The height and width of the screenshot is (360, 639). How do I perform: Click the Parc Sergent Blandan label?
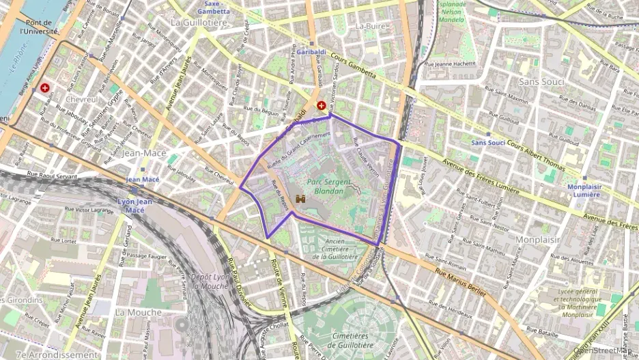coord(324,186)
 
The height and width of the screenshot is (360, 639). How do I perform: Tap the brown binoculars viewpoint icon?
coord(300,199)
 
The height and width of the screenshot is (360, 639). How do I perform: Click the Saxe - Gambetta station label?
coord(213,8)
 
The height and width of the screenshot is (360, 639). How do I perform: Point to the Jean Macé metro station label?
coord(143,179)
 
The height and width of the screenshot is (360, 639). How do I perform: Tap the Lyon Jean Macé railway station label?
coord(134,205)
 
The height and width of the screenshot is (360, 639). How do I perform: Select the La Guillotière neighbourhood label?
coord(199,23)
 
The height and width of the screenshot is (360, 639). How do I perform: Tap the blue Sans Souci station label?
coord(487,143)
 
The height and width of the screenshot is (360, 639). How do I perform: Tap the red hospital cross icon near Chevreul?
coord(45,88)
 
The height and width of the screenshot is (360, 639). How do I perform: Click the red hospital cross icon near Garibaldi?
coord(321,106)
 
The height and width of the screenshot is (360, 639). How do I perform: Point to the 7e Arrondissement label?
coord(57,355)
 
